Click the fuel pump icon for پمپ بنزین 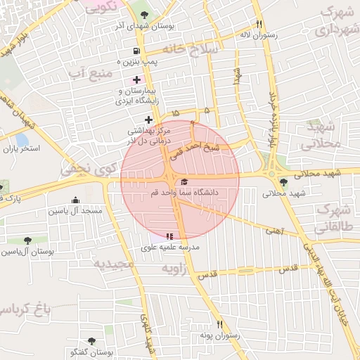(x=136, y=51)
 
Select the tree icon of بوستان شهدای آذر (x=145, y=14)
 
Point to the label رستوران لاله (x=259, y=34)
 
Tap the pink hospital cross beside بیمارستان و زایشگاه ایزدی (x=136, y=79)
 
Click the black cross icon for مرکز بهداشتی (x=148, y=120)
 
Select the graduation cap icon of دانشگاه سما (x=184, y=181)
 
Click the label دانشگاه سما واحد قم (x=185, y=192)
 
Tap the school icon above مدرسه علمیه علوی (x=169, y=236)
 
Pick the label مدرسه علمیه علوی (x=171, y=247)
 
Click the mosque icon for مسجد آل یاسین (x=75, y=200)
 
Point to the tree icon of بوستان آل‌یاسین (x=27, y=240)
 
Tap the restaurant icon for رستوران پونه (x=219, y=324)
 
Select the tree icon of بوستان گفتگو (x=91, y=341)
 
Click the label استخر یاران (x=22, y=149)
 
